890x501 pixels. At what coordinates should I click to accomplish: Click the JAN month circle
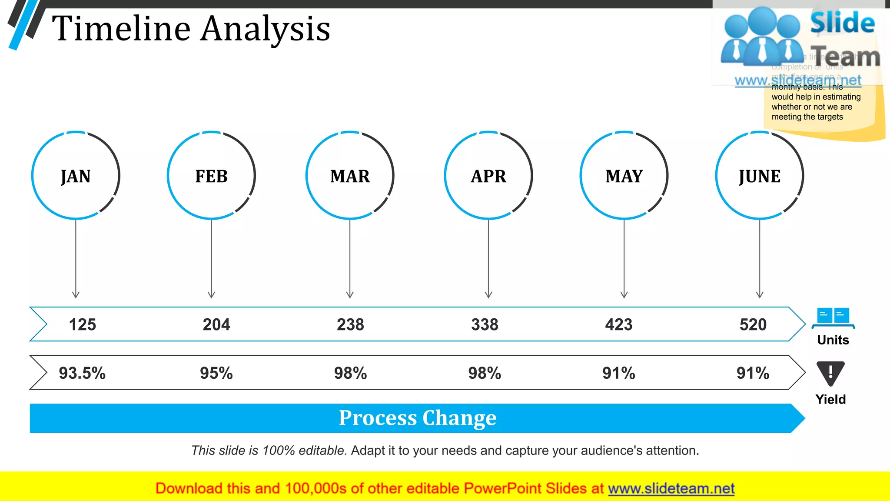pos(76,175)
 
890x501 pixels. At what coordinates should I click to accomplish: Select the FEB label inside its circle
pos(211,176)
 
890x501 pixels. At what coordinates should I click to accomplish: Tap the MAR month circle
pos(350,175)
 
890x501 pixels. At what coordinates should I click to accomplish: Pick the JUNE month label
pos(760,176)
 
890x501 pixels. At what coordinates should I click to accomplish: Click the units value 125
pos(83,324)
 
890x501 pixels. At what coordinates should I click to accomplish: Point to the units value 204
pos(216,324)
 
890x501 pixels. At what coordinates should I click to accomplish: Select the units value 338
pos(485,324)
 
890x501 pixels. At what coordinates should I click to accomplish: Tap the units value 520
pos(753,324)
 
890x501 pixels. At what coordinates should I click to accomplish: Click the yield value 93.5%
pos(82,373)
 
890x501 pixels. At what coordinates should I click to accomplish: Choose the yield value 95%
pos(216,373)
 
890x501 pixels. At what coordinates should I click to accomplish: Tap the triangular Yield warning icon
pos(830,373)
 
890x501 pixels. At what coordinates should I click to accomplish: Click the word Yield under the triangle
pos(830,399)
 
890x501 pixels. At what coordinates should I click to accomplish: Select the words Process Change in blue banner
pos(418,418)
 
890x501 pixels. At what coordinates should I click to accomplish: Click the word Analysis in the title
pos(266,29)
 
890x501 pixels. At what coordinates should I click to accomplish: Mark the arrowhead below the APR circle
pos(488,295)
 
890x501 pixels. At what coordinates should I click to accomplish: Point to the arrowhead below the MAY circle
pos(624,295)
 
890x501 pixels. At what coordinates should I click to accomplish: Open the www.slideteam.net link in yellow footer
pos(671,488)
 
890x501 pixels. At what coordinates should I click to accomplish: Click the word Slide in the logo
pos(842,23)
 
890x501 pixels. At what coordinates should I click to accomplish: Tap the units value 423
pos(619,324)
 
